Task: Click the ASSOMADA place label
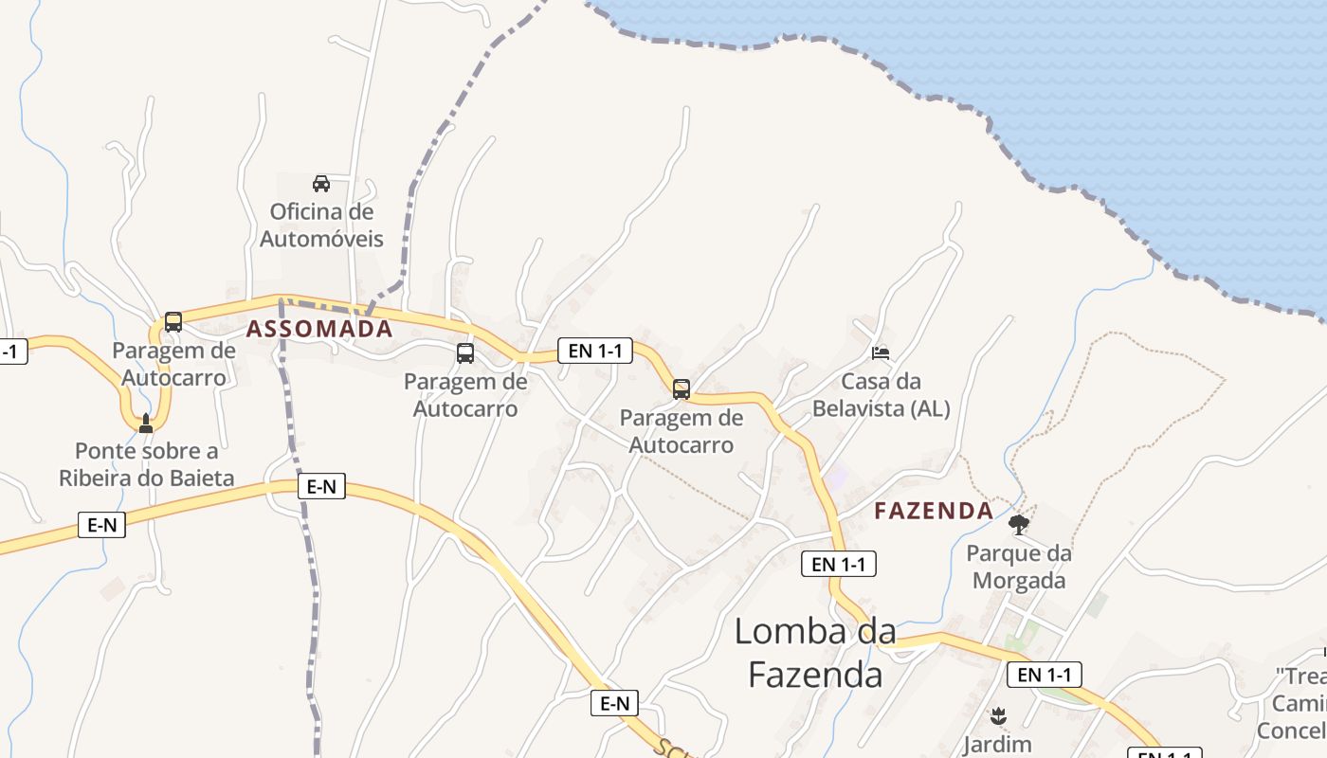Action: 319,329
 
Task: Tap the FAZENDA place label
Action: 934,511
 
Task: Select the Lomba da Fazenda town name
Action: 815,653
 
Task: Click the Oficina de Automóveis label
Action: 321,226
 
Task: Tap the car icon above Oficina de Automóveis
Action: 321,183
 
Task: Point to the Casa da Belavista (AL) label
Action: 882,395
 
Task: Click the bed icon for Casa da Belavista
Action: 881,353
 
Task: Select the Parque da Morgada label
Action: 1019,567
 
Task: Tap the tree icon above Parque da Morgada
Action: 1019,524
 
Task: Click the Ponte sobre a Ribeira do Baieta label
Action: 146,464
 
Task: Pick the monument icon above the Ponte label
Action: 145,423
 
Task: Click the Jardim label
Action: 997,744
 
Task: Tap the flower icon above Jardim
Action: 997,714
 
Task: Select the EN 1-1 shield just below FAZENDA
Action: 839,564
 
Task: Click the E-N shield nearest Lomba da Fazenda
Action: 614,703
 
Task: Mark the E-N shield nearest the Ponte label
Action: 101,525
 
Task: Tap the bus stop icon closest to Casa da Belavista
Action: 681,388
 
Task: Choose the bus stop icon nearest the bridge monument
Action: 173,321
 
